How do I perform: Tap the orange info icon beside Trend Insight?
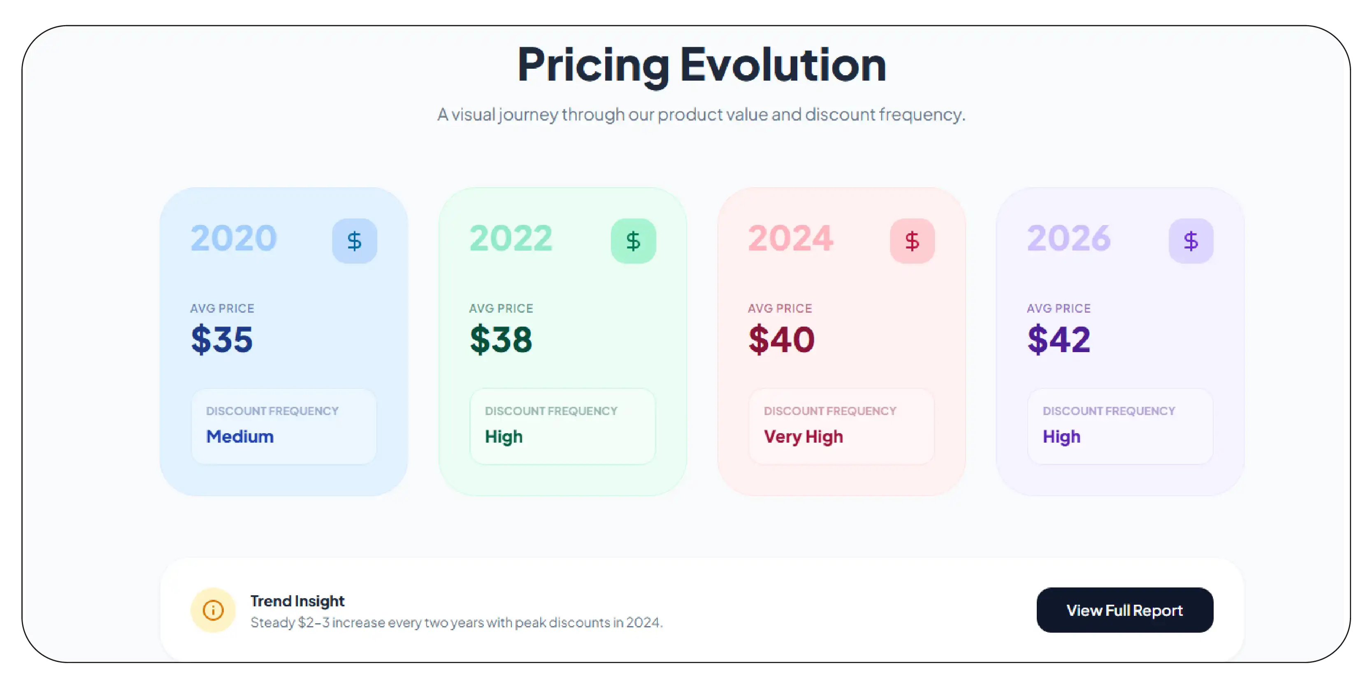(213, 610)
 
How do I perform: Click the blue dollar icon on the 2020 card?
(354, 241)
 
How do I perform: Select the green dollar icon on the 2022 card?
(633, 241)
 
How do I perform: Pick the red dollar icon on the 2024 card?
(912, 241)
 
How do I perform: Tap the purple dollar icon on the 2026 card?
(1191, 241)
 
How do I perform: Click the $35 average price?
(222, 339)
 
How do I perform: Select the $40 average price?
(781, 339)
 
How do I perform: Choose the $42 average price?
(1059, 339)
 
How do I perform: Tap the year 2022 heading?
(511, 238)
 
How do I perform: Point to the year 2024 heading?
(790, 238)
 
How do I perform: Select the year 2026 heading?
(1068, 238)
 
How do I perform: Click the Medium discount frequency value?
(240, 436)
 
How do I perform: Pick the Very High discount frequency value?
(803, 436)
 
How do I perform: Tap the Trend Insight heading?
(297, 601)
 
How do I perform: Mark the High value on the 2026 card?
(1061, 436)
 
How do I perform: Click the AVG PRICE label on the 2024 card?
(780, 309)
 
